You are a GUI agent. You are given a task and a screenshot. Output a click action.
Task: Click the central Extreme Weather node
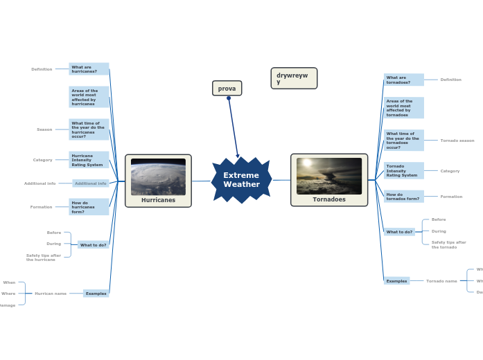pyautogui.click(x=241, y=180)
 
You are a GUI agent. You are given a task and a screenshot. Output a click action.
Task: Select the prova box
pyautogui.click(x=227, y=89)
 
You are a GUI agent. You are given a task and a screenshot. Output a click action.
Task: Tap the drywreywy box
pyautogui.click(x=294, y=78)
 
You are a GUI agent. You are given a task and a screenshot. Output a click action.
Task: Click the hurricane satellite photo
pyautogui.click(x=158, y=177)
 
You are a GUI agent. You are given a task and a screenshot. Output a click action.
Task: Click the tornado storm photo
pyautogui.click(x=329, y=176)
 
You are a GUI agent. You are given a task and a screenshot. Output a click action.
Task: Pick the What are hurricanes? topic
pyautogui.click(x=89, y=69)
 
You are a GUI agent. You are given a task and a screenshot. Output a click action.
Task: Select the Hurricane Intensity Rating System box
pyautogui.click(x=89, y=160)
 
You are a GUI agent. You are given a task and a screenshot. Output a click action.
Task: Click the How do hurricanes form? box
pyautogui.click(x=89, y=207)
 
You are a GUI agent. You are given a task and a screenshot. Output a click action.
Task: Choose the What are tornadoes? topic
pyautogui.click(x=403, y=80)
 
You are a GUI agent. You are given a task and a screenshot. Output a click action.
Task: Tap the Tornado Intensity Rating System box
pyautogui.click(x=403, y=170)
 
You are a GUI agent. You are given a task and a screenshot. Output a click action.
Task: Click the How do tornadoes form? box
pyautogui.click(x=403, y=197)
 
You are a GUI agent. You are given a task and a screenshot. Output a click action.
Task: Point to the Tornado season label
pyautogui.click(x=457, y=141)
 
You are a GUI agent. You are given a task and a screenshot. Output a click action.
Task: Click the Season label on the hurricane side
pyautogui.click(x=44, y=129)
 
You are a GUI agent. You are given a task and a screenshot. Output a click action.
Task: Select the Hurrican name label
pyautogui.click(x=51, y=294)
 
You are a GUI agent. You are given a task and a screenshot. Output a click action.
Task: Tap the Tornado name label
pyautogui.click(x=441, y=281)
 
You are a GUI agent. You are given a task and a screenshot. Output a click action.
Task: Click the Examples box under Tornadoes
pyautogui.click(x=397, y=281)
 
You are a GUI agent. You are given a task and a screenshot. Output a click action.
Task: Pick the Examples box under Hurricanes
pyautogui.click(x=96, y=294)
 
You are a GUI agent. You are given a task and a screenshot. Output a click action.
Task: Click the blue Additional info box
pyautogui.click(x=91, y=183)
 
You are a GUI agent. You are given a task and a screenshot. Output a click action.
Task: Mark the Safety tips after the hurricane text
pyautogui.click(x=44, y=258)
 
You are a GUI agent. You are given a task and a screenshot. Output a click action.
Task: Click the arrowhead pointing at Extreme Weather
pyautogui.click(x=238, y=156)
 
